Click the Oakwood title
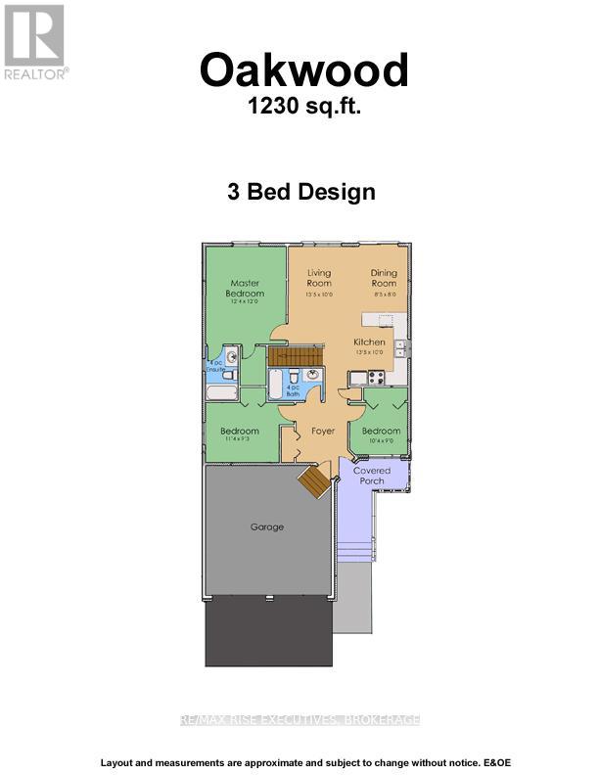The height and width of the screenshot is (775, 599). pyautogui.click(x=303, y=70)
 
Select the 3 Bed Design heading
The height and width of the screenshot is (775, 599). pyautogui.click(x=301, y=192)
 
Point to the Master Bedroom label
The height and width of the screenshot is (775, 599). pyautogui.click(x=245, y=289)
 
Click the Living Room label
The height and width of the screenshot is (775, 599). pyautogui.click(x=319, y=278)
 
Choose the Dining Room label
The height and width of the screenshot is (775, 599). pyautogui.click(x=383, y=278)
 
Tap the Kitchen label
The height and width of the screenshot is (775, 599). pyautogui.click(x=369, y=342)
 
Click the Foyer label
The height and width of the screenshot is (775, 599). pyautogui.click(x=323, y=431)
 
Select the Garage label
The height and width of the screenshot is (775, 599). pyautogui.click(x=266, y=526)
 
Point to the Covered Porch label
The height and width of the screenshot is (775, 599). pyautogui.click(x=372, y=476)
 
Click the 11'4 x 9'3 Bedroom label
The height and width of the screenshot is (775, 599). pyautogui.click(x=239, y=434)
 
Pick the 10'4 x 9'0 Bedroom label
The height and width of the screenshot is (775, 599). pyautogui.click(x=381, y=434)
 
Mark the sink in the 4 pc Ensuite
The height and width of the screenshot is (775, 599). pyautogui.click(x=232, y=358)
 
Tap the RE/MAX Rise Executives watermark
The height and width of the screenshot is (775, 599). pyautogui.click(x=299, y=719)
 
